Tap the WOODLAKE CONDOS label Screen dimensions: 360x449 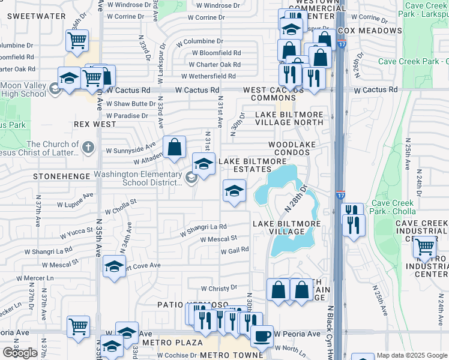[x=289, y=148]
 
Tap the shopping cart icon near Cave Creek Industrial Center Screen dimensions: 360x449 [x=424, y=245]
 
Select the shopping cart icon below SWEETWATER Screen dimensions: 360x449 [x=77, y=41]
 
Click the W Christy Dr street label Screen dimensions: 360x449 [x=216, y=289]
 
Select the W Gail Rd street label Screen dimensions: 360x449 [x=235, y=250]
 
